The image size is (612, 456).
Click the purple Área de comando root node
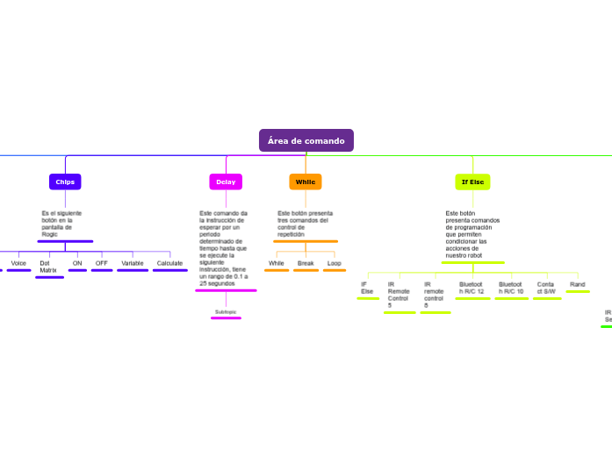pos(306,140)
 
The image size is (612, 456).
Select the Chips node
pos(65,182)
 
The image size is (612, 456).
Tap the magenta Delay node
pos(226,182)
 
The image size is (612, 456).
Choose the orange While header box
pos(306,182)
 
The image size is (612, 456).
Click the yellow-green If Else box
pos(472,182)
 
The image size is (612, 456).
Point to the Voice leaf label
pos(18,263)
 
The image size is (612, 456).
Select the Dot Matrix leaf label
pos(48,267)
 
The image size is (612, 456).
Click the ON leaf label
pos(77,263)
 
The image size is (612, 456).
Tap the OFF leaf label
pos(102,263)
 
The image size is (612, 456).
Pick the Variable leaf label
pos(133,263)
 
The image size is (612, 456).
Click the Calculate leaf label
pos(169,263)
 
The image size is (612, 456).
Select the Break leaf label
pos(306,263)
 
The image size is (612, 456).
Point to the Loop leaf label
pos(335,263)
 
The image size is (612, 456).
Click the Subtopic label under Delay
pos(226,311)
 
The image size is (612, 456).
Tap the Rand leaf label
pos(578,284)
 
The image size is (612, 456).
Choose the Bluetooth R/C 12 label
pos(472,288)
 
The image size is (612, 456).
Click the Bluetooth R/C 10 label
pos(511,288)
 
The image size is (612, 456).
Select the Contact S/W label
pos(546,288)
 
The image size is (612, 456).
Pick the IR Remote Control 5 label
pos(399,295)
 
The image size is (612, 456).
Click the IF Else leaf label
pos(367,288)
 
